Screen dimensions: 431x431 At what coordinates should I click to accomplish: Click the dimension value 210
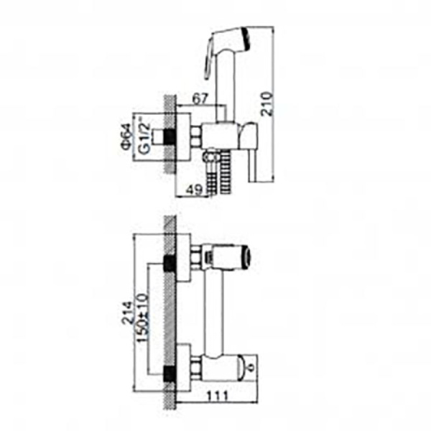[x=267, y=103]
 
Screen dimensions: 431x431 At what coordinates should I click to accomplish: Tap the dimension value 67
[x=200, y=98]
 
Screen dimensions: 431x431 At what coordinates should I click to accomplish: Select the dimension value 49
[x=195, y=190]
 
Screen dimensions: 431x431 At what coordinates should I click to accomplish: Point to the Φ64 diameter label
[x=126, y=136]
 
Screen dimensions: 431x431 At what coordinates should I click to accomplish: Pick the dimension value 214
[x=127, y=313]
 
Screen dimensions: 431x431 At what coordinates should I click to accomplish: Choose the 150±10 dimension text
[x=143, y=318]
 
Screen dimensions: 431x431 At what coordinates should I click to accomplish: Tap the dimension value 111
[x=217, y=396]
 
